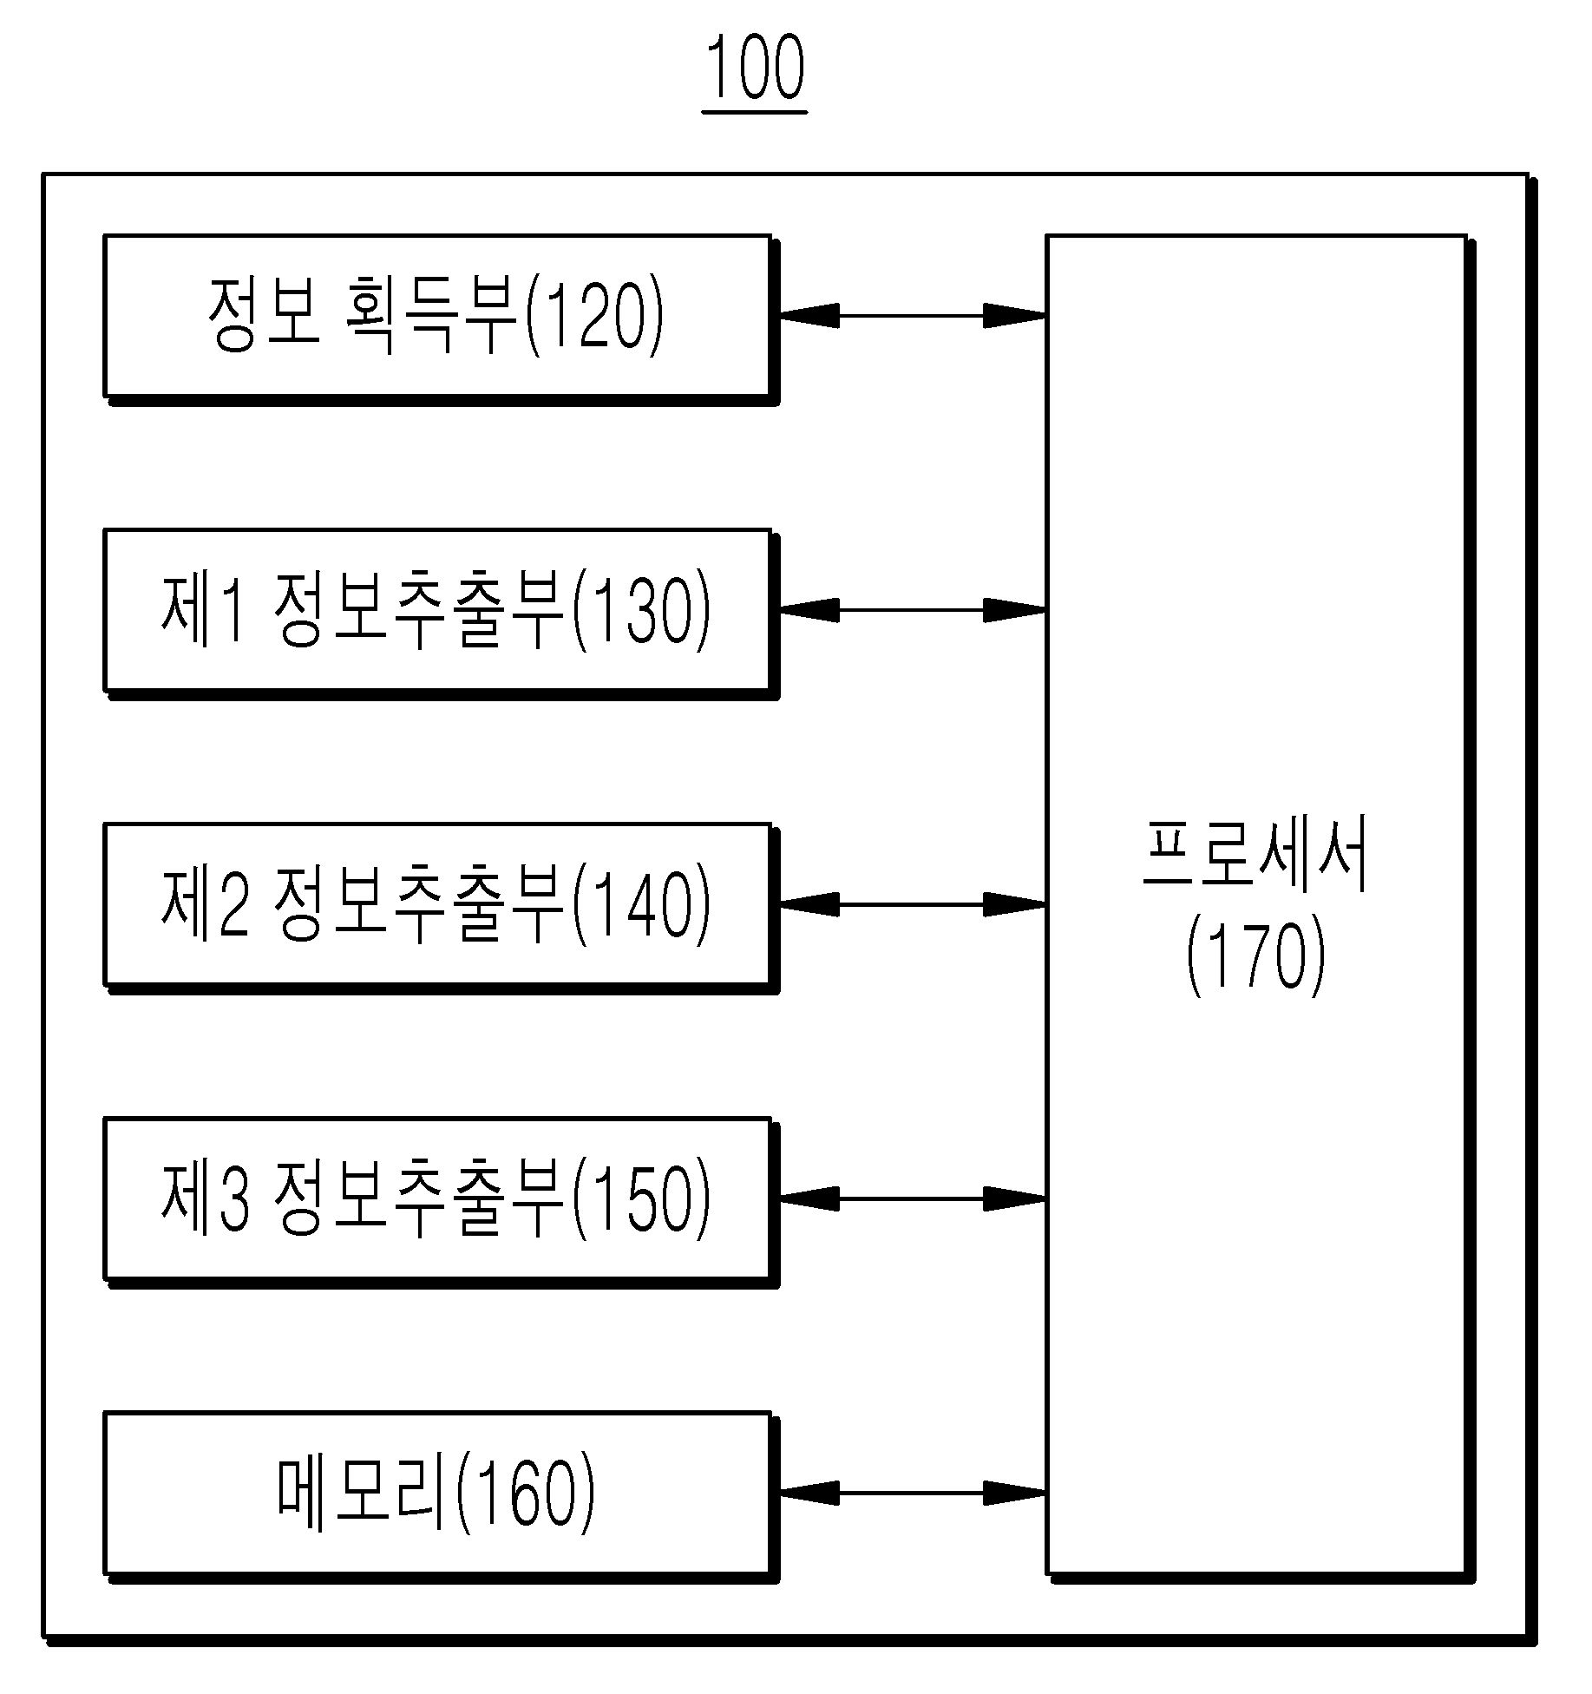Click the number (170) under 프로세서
pyautogui.click(x=1256, y=956)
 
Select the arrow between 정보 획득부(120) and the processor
pyautogui.click(x=913, y=316)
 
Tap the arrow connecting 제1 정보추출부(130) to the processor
pyautogui.click(x=913, y=610)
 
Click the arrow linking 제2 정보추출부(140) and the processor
pyautogui.click(x=913, y=904)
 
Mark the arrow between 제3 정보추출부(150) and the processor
pyautogui.click(x=913, y=1198)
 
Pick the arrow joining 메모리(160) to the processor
pyautogui.click(x=913, y=1493)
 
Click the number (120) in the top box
pyautogui.click(x=594, y=317)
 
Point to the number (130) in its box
pyautogui.click(x=641, y=611)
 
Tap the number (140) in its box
pyautogui.click(x=641, y=905)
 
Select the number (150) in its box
pyautogui.click(x=641, y=1199)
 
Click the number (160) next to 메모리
pyautogui.click(x=526, y=1494)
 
